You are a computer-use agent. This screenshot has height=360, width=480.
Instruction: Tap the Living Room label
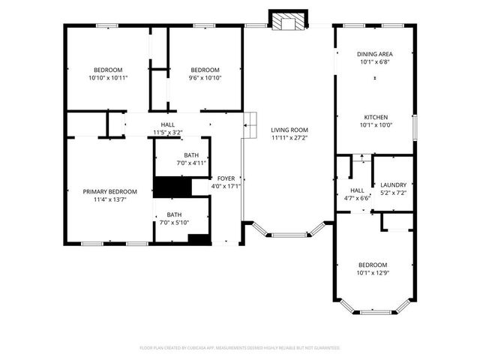[x=289, y=130]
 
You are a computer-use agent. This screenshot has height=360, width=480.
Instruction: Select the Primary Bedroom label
[x=109, y=191]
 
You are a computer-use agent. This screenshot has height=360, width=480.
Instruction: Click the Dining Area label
[x=374, y=54]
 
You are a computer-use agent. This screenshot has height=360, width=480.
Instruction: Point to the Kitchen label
[x=374, y=118]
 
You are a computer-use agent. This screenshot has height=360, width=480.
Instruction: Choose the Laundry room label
[x=393, y=184]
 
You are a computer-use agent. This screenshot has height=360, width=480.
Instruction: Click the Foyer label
[x=226, y=178]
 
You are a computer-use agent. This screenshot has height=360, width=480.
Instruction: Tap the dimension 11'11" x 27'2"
[x=289, y=138]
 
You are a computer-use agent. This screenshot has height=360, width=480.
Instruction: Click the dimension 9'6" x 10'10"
[x=205, y=77]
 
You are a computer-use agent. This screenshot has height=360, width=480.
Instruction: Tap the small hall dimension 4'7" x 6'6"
[x=357, y=199]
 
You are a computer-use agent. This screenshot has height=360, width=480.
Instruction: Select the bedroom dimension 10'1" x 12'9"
[x=373, y=273]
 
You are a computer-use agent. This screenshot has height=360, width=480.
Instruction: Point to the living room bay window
[x=289, y=233]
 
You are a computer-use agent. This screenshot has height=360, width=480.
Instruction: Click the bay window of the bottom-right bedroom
[x=374, y=308]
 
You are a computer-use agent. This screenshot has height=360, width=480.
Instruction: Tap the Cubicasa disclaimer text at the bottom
[x=240, y=348]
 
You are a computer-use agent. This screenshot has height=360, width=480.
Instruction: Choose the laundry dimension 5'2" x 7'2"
[x=393, y=193]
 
